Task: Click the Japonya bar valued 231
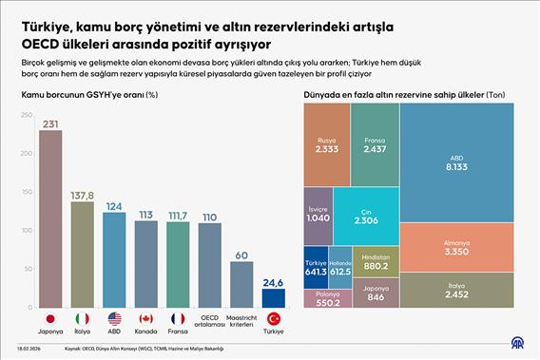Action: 49,218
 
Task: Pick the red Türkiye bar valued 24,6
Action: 274,297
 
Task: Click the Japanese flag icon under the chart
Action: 49,318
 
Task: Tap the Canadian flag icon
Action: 145,318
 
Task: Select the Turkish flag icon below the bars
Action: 274,318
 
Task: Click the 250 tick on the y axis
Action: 25,114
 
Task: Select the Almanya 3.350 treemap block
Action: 457,246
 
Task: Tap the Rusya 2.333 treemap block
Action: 327,143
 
